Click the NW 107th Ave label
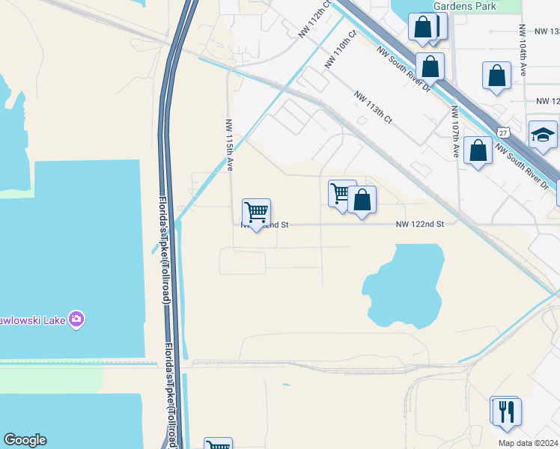pyautogui.click(x=454, y=132)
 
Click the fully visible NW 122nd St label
pyautogui.click(x=420, y=224)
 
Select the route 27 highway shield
pyautogui.click(x=505, y=132)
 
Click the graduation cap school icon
pyautogui.click(x=543, y=135)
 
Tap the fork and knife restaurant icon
pyautogui.click(x=507, y=411)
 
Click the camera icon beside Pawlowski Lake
pyautogui.click(x=76, y=320)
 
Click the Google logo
pyautogui.click(x=25, y=440)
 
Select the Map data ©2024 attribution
pyautogui.click(x=528, y=443)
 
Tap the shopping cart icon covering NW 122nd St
pyautogui.click(x=256, y=213)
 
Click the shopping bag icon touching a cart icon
pyautogui.click(x=362, y=200)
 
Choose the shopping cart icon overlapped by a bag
pyautogui.click(x=341, y=193)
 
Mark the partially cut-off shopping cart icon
pyautogui.click(x=218, y=445)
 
